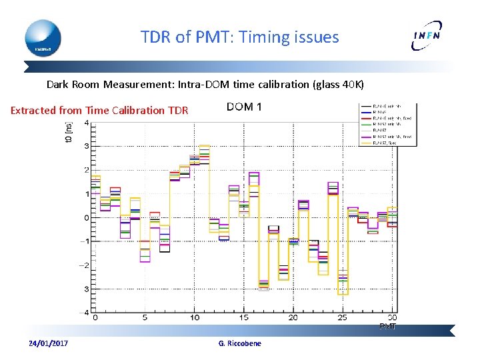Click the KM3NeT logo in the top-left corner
[43, 38]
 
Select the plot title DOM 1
[244, 107]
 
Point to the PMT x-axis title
[388, 326]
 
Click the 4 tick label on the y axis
[86, 123]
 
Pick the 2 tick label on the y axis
[86, 170]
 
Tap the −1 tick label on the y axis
[85, 241]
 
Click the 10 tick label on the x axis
[194, 318]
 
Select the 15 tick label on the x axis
[244, 318]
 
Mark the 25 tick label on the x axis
[343, 318]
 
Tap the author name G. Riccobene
[240, 343]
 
